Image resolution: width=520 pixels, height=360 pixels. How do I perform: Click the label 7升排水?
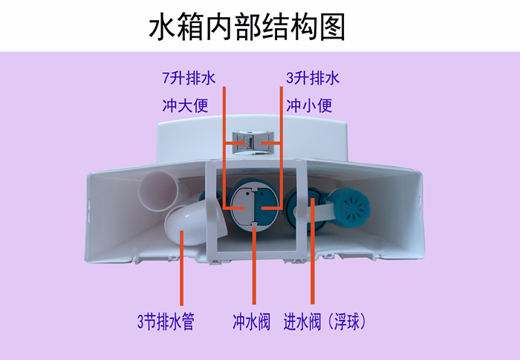(x=189, y=78)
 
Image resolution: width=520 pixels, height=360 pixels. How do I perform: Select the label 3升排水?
(x=313, y=78)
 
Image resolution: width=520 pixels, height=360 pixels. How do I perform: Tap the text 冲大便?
(x=185, y=105)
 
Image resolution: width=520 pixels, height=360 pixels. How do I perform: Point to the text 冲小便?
(x=309, y=105)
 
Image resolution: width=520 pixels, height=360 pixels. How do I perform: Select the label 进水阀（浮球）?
(x=326, y=322)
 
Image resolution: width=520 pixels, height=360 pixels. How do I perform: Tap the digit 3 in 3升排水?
(x=290, y=78)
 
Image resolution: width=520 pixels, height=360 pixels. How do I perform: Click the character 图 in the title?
(x=333, y=27)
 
